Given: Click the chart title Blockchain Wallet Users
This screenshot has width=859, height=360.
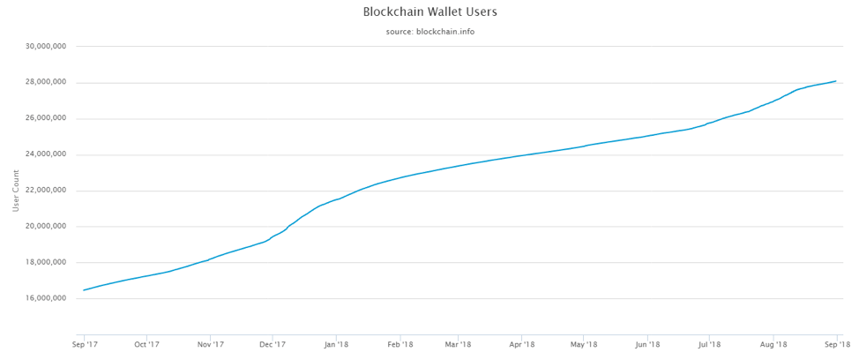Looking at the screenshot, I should coord(429,12).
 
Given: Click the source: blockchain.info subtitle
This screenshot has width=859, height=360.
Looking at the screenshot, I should coord(429,32).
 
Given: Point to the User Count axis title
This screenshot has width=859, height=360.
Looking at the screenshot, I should coord(16,191).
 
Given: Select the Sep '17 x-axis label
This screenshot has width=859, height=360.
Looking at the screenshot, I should coord(84,344).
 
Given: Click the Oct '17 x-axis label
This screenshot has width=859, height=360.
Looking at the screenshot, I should coord(146,344).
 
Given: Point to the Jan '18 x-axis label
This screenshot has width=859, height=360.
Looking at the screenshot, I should coord(336,344).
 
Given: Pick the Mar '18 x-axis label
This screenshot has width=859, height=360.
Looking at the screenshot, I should coord(458,344).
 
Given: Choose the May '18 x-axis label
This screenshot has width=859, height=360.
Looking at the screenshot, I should coord(584,344).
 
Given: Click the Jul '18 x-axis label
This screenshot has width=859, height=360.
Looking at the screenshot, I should coord(708,344).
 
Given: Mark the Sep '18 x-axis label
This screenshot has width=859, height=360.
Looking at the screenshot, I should coord(836,344).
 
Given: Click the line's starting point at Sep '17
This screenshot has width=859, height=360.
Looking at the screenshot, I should coord(85,289).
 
